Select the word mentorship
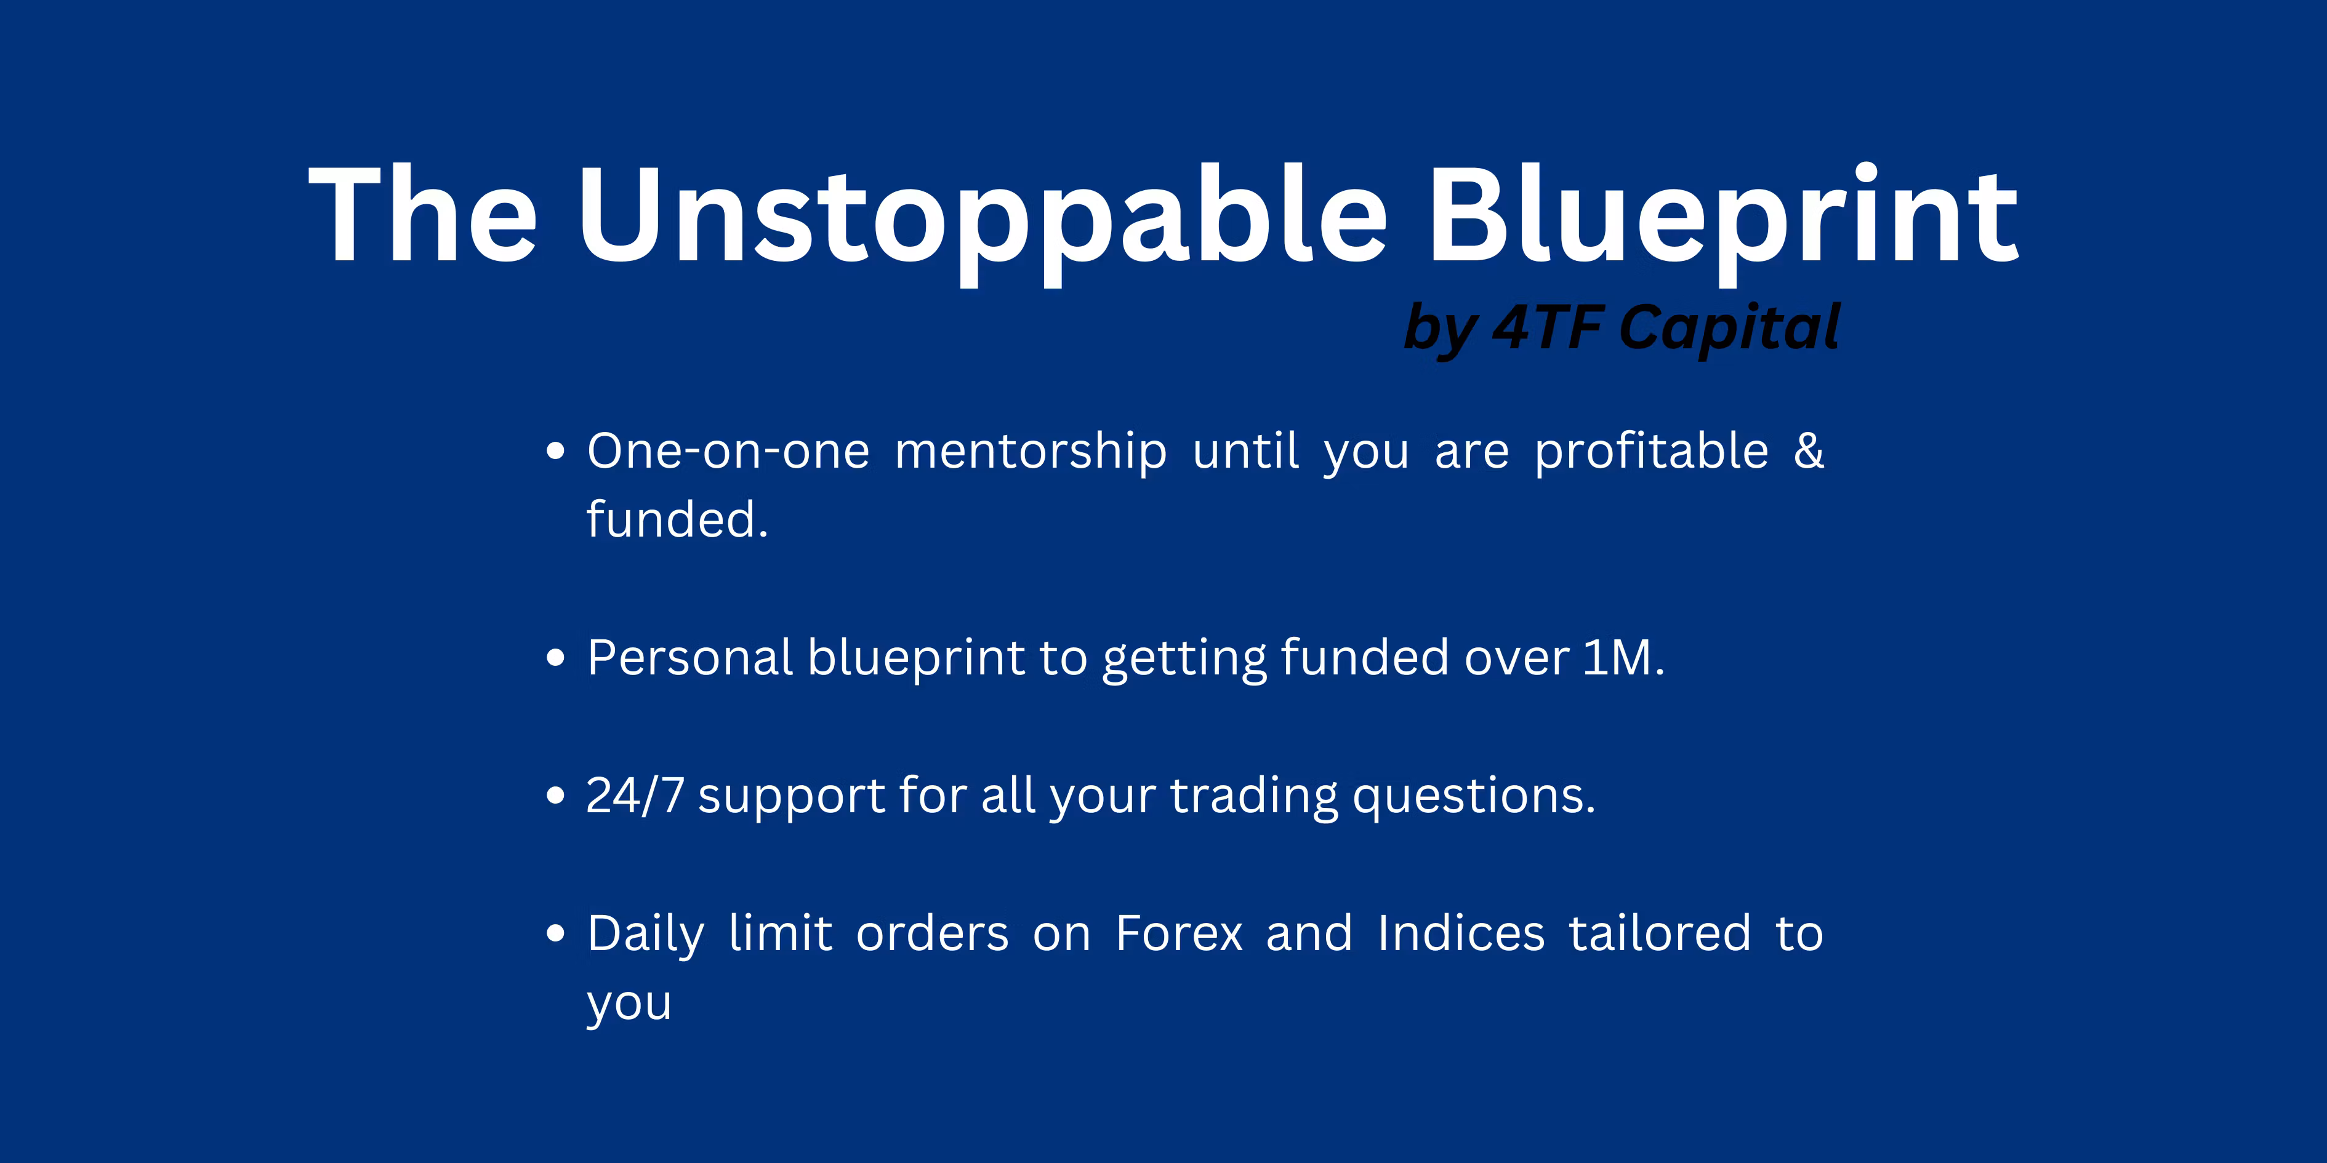coord(1031,452)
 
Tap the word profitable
coord(1651,452)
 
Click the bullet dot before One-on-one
coord(555,450)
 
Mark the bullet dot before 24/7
coord(555,796)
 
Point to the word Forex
coord(1179,933)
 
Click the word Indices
coord(1461,933)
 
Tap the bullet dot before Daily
coord(555,933)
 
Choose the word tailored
coord(1660,933)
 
